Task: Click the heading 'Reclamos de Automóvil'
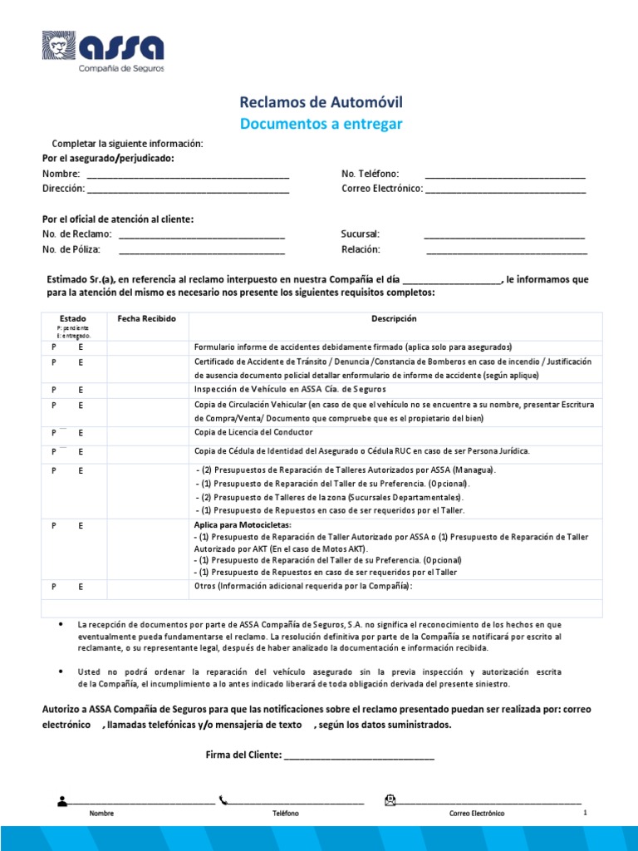[321, 103]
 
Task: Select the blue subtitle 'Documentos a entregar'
[321, 124]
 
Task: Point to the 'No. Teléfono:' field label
[370, 174]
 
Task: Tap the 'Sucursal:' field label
[360, 234]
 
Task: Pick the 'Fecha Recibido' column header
[141, 319]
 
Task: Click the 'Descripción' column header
[394, 319]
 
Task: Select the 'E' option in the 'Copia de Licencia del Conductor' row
[81, 433]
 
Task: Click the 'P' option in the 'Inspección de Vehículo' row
[54, 389]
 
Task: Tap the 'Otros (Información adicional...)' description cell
[303, 586]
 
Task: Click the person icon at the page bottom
[62, 801]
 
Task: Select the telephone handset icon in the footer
[223, 801]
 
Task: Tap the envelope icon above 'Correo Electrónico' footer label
[390, 801]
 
